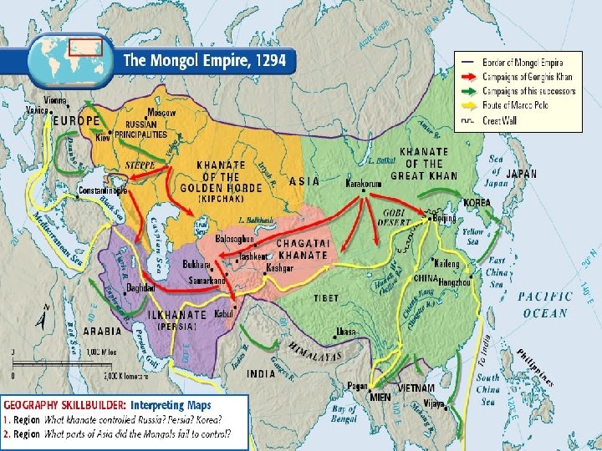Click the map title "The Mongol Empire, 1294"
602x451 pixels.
pos(205,60)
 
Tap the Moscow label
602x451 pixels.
pos(161,112)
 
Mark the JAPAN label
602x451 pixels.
pos(523,174)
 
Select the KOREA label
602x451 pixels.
pos(477,203)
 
